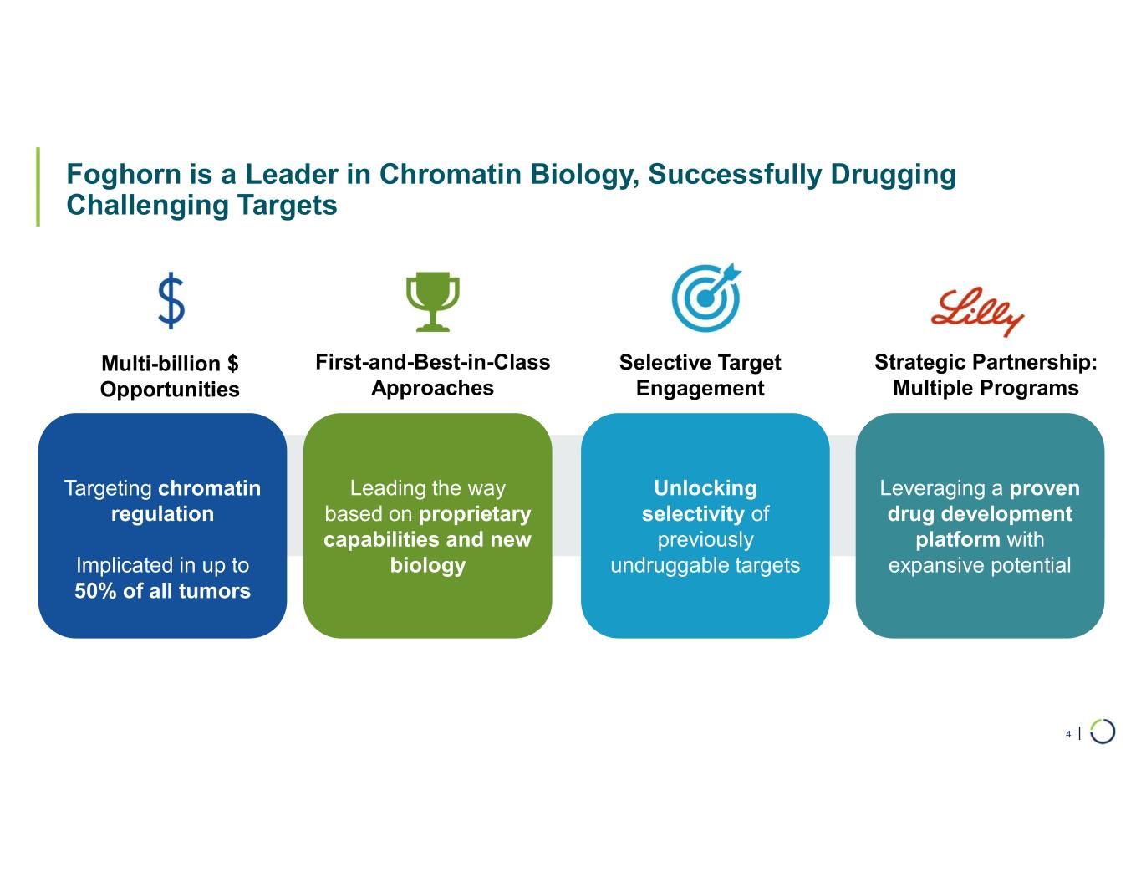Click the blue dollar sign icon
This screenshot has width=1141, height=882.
(171, 300)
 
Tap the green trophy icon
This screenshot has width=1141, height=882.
(433, 302)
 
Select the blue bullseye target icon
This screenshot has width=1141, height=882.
(706, 297)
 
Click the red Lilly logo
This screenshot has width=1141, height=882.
(977, 311)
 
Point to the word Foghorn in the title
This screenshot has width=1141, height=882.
(124, 175)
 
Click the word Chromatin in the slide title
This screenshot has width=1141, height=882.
(451, 174)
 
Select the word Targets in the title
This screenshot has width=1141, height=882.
(287, 206)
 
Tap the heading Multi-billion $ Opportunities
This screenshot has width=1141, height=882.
(170, 376)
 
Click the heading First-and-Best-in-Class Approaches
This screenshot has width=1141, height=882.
(433, 375)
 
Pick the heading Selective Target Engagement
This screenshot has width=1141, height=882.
(700, 375)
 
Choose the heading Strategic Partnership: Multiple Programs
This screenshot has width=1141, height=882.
(986, 375)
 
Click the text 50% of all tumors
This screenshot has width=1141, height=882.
(163, 591)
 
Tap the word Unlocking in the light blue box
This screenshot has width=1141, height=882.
(705, 488)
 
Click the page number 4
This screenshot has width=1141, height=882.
(1068, 735)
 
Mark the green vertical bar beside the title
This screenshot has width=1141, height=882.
(38, 187)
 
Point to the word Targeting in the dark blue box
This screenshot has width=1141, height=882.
(108, 489)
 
